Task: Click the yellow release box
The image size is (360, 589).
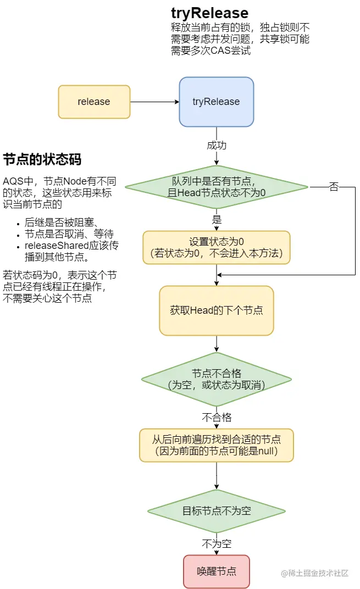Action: [x=94, y=102]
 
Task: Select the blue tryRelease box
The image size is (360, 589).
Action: [x=216, y=102]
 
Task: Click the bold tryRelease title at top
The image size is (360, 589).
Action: [x=209, y=13]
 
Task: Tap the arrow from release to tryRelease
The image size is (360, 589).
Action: [x=154, y=102]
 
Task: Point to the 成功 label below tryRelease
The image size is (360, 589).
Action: [x=216, y=146]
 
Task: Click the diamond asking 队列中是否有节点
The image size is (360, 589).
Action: [x=216, y=187]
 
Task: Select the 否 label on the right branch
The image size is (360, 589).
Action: [x=334, y=187]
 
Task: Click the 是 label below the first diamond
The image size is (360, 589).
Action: [x=217, y=219]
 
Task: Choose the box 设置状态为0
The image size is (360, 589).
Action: [x=216, y=247]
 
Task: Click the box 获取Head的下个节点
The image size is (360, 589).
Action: [x=216, y=310]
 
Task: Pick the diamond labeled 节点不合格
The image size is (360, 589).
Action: [x=216, y=379]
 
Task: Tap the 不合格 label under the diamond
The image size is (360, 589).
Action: [x=217, y=416]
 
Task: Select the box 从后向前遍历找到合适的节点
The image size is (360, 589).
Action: [x=216, y=445]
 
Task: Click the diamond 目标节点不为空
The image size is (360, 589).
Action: [x=216, y=511]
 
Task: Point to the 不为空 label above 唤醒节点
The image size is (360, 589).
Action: [x=217, y=544]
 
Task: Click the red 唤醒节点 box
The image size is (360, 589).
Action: [x=216, y=571]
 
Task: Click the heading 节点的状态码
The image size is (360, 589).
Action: [x=42, y=160]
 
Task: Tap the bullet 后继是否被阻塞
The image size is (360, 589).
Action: [x=60, y=223]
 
